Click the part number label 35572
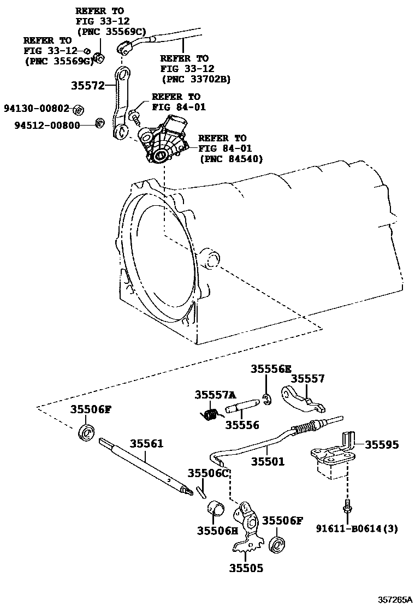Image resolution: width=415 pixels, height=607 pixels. [88, 86]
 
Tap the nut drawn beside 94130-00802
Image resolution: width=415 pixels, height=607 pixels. [78, 110]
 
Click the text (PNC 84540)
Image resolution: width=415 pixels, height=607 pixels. [232, 159]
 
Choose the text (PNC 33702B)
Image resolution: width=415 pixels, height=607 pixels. [195, 79]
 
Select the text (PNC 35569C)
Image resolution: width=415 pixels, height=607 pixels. [108, 32]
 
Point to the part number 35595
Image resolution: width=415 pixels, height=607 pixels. [382, 445]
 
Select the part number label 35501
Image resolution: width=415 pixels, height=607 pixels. [268, 461]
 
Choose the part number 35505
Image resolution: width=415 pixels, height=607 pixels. [246, 568]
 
